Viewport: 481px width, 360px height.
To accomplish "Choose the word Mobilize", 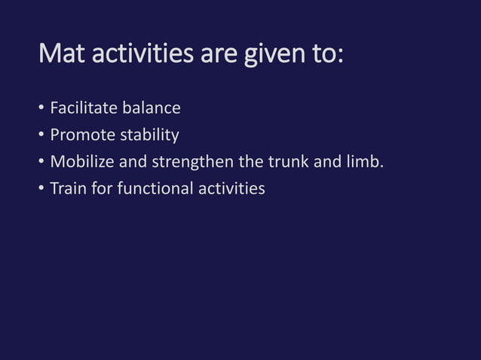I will (x=81, y=162).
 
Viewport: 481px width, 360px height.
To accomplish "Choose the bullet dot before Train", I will (x=41, y=189).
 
